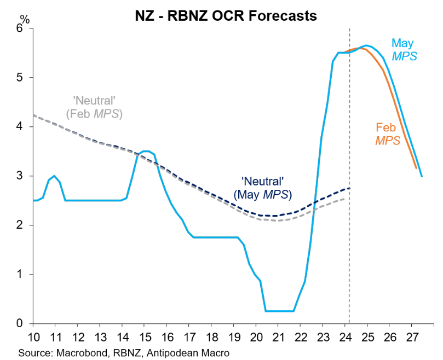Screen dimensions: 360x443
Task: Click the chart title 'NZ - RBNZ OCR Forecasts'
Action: [225, 16]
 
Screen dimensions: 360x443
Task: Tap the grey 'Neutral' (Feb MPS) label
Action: [94, 107]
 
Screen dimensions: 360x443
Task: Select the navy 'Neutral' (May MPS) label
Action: [262, 187]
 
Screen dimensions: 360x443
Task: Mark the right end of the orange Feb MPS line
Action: [417, 169]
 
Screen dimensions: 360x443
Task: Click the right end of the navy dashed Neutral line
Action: [349, 188]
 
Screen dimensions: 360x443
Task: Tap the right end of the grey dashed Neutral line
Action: [344, 198]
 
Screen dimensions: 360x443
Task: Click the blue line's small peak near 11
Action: [54, 176]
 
